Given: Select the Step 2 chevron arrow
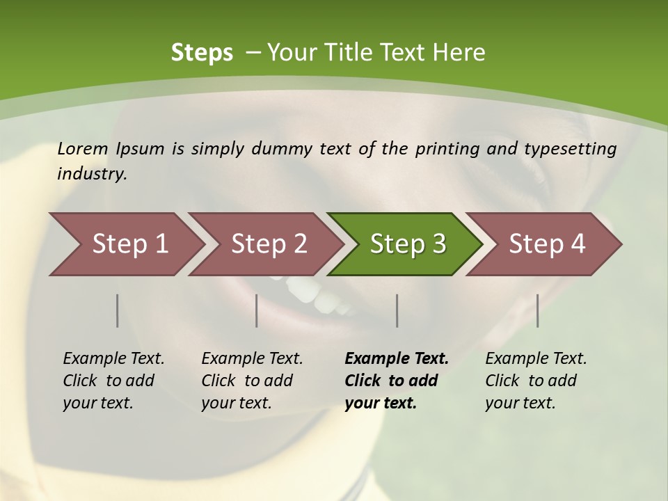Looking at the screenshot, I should (x=267, y=244).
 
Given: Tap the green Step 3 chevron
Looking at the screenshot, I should (x=406, y=244).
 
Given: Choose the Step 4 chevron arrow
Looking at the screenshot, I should (x=545, y=244).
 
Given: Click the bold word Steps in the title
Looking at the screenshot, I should (x=202, y=53).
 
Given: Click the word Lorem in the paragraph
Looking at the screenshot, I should (x=83, y=149).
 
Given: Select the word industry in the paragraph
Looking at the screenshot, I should (x=91, y=173).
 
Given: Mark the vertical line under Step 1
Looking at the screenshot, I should (x=118, y=310).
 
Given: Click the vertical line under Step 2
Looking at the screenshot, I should (x=257, y=310).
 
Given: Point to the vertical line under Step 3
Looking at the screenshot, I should (x=397, y=310).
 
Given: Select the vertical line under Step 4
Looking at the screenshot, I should (x=537, y=310).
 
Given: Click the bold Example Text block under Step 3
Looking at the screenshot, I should (x=396, y=381).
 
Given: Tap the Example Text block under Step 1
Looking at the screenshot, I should (x=113, y=381).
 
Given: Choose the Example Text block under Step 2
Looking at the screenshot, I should (x=252, y=381).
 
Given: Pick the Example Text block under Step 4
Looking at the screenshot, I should (x=536, y=381).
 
